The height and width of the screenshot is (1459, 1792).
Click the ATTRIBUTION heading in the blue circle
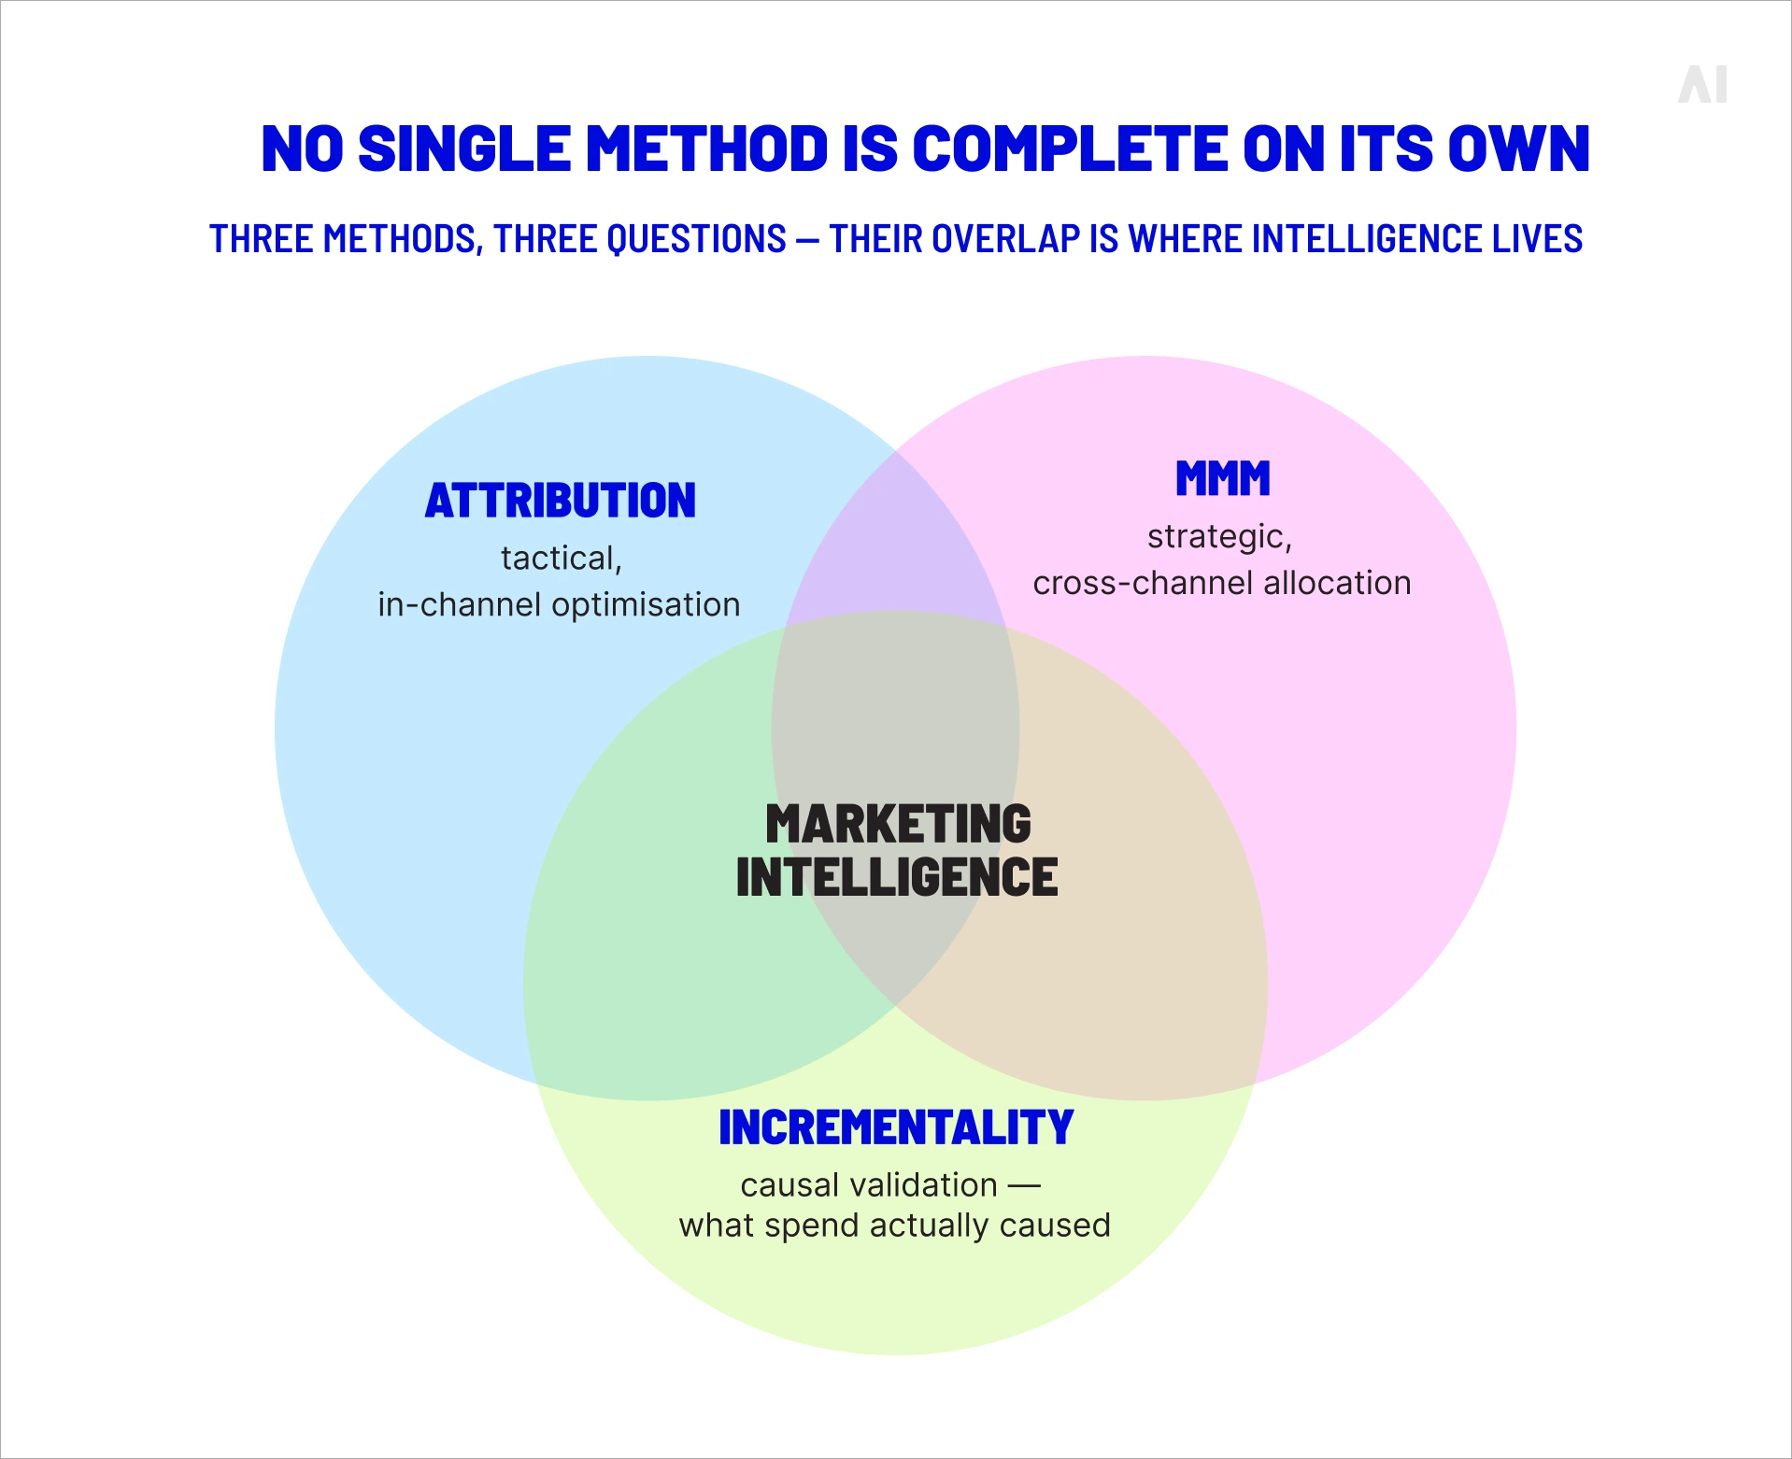point(561,501)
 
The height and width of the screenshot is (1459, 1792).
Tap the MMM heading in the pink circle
point(1223,478)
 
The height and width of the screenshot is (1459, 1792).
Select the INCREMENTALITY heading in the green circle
point(896,1127)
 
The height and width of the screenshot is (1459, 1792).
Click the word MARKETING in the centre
point(898,824)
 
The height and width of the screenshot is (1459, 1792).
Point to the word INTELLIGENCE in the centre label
point(897,877)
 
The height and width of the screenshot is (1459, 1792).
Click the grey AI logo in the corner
point(1702,84)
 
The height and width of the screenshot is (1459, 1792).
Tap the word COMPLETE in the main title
point(1069,149)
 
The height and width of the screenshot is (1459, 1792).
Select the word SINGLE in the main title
point(464,149)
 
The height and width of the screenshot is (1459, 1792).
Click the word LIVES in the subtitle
point(1537,239)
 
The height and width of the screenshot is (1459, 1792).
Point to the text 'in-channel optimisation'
point(559,604)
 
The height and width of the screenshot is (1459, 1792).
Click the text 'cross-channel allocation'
point(1222,583)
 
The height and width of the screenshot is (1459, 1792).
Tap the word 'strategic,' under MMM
point(1220,537)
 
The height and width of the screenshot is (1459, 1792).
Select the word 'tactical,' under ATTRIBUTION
point(562,559)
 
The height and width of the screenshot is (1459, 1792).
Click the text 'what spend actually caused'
point(895,1225)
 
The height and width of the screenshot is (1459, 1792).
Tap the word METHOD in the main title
point(707,149)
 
